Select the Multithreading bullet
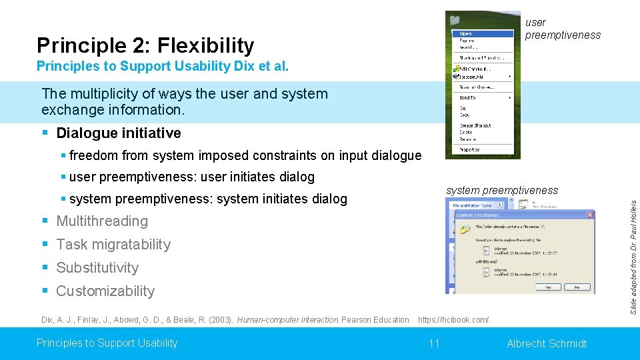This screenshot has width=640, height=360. [x=102, y=221]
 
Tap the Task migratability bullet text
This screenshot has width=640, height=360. [x=113, y=244]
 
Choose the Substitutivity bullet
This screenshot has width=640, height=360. [x=97, y=267]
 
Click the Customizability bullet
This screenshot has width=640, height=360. [x=105, y=291]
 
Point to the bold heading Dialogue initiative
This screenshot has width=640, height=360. [x=119, y=133]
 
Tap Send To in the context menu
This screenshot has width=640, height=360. [x=467, y=97]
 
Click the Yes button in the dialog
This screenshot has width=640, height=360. [x=548, y=287]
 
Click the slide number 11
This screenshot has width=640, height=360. [x=434, y=343]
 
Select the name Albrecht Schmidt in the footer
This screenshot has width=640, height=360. [x=547, y=343]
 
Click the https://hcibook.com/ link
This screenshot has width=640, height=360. [x=455, y=320]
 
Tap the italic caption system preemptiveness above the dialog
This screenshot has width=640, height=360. [x=501, y=190]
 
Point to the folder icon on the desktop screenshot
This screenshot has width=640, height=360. [x=455, y=21]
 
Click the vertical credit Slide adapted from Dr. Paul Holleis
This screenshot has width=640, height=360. [x=634, y=257]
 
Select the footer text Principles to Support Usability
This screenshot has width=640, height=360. [x=107, y=343]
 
